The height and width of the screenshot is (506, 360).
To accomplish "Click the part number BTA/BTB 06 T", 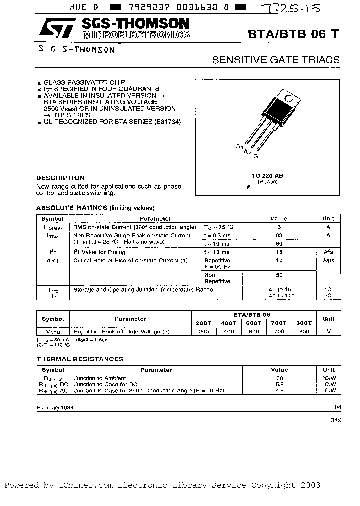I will pos(294,33).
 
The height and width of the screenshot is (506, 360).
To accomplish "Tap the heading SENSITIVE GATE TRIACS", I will pos(276,60).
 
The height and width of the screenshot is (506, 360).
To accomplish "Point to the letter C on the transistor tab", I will pos(288,98).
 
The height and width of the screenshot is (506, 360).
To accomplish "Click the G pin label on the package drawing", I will pos(256,156).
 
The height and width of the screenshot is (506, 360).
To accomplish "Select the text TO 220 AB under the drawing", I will pos(267,176).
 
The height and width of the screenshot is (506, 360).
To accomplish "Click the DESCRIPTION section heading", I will pos(60,178).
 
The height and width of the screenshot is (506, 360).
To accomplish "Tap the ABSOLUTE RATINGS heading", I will pos(72,208).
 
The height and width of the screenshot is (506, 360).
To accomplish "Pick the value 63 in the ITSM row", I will pos(279,235).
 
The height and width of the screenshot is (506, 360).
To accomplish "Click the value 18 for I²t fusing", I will pos(279,253).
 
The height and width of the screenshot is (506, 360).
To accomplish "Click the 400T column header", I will pos(229,323).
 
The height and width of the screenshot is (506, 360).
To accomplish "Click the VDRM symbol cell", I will pos(53,331).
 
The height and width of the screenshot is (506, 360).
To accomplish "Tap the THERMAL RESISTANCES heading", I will pos(80,359).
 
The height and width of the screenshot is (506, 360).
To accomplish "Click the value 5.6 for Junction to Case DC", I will pos(279,384).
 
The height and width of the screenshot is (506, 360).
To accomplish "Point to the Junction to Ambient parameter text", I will pos(100,378).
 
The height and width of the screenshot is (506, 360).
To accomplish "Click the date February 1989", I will pos(55,407).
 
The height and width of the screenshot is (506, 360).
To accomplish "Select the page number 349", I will pos(336,421).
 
